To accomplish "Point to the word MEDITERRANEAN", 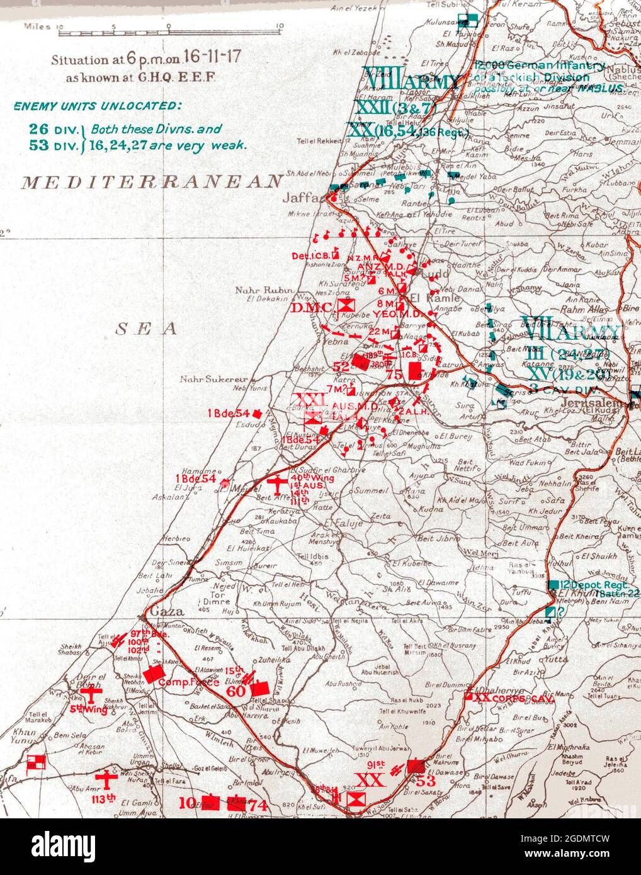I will point(152,182).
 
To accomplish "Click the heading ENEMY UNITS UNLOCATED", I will point(98,105).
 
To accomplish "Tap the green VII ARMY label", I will point(569,331).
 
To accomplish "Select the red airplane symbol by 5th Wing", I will point(93,695).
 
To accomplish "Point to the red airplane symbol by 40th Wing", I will point(275,483).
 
